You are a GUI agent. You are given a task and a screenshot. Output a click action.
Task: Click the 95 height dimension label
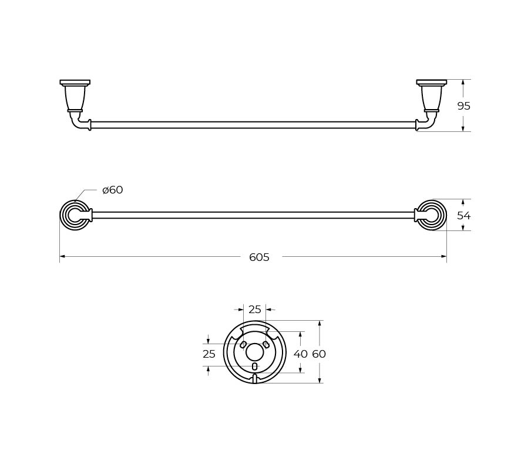(464, 106)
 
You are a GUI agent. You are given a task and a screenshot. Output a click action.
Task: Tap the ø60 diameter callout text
(112, 189)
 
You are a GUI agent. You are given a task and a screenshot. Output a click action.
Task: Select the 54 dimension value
(464, 215)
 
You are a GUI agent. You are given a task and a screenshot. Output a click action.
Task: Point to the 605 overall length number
(260, 257)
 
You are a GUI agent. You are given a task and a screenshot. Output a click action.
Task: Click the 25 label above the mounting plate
(255, 310)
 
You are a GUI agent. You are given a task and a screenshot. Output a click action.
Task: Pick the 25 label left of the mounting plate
(209, 354)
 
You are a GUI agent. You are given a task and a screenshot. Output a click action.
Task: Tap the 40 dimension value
(301, 354)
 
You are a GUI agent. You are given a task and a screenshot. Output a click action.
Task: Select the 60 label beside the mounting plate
(319, 354)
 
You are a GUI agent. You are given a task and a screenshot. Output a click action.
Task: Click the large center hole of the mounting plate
(254, 352)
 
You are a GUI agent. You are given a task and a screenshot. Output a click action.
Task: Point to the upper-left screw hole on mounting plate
(243, 344)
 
